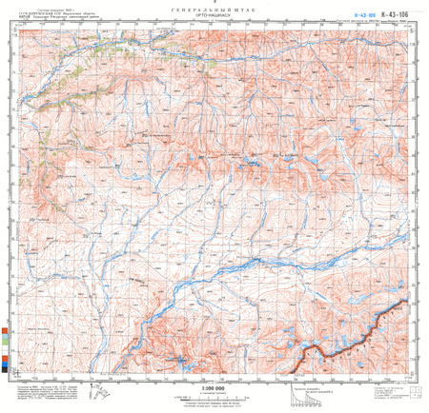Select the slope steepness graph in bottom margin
[304, 392]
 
